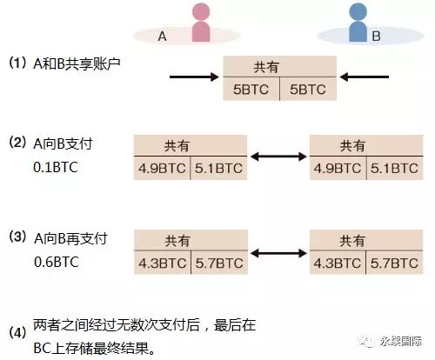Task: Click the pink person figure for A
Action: (201, 23)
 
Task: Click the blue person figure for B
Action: (358, 23)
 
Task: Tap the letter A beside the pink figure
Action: (163, 37)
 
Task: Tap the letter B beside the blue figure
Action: (376, 37)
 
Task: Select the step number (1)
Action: (18, 63)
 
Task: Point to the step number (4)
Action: (18, 332)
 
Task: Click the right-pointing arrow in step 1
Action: (194, 77)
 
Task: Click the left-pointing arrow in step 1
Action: (364, 77)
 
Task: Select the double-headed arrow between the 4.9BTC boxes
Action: (278, 157)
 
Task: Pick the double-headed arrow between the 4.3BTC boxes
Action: (278, 253)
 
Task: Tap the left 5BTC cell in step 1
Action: (251, 90)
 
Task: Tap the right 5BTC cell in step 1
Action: (308, 90)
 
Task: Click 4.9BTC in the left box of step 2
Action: (162, 169)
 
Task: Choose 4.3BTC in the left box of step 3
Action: (162, 263)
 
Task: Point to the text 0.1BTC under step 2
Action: (56, 168)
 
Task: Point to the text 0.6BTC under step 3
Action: (57, 262)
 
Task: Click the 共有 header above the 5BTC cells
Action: (266, 67)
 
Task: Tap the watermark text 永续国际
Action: (401, 342)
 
